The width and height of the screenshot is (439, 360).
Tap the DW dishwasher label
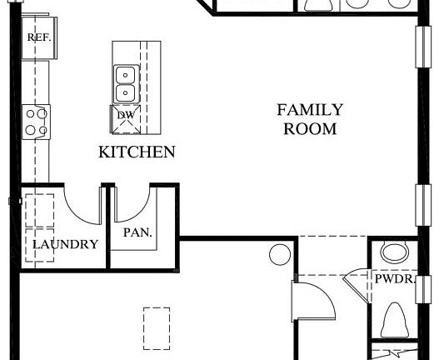pos(125,115)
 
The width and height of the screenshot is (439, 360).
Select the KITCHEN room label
pos(137,152)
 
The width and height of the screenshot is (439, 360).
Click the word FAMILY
pos(310,110)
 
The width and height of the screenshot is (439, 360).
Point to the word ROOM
pos(310,129)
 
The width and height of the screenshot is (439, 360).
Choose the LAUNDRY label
pos(65,245)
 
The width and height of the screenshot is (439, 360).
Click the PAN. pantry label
pos(138,233)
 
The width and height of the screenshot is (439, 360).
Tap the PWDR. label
pos(392,281)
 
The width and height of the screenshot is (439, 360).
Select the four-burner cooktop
pos(37,121)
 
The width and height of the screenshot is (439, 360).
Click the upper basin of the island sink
pos(125,74)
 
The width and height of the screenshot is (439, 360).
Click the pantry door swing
pos(133,203)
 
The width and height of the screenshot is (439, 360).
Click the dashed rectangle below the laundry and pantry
pos(156,328)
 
